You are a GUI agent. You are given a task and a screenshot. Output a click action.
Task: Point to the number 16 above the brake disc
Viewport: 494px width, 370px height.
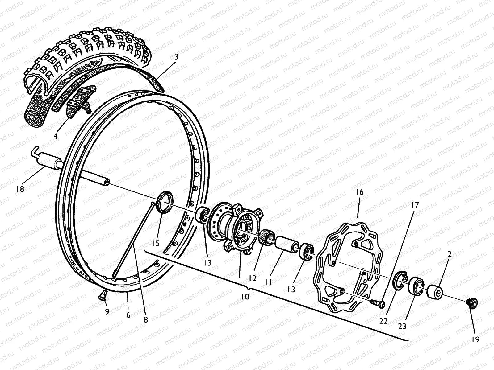pyautogui.click(x=359, y=192)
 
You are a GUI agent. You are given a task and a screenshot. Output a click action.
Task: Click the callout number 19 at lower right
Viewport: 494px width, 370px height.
pyautogui.click(x=475, y=339)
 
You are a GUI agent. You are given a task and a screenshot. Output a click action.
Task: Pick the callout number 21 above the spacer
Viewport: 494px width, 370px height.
pyautogui.click(x=452, y=254)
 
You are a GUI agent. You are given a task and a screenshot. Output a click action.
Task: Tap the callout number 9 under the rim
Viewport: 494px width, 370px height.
pyautogui.click(x=107, y=311)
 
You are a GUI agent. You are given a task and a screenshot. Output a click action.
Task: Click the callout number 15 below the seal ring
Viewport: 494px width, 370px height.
pyautogui.click(x=156, y=243)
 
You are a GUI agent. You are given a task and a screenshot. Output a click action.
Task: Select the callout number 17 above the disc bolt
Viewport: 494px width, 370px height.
pyautogui.click(x=415, y=205)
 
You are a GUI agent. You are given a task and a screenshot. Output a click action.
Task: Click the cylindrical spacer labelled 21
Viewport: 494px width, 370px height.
pyautogui.click(x=434, y=292)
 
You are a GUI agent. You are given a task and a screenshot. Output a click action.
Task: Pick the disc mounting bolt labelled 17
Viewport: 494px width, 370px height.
pyautogui.click(x=378, y=304)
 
